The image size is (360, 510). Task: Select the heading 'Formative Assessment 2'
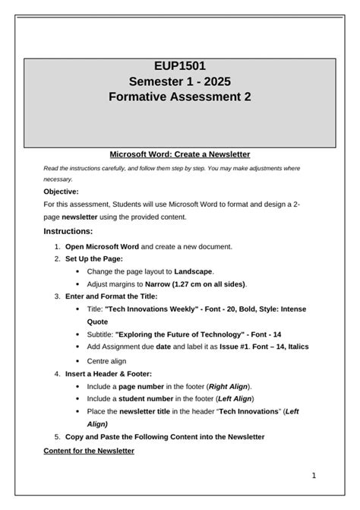[x=179, y=97]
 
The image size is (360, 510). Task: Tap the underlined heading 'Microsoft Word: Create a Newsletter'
[x=179, y=154]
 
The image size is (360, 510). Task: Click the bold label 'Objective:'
[x=61, y=192]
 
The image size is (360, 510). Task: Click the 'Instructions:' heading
[x=68, y=231]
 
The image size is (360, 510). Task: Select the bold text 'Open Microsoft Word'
[x=102, y=246]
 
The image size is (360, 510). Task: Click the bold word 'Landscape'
[x=193, y=271]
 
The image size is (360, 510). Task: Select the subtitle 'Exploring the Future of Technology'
[x=180, y=334]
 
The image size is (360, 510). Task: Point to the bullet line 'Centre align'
[x=106, y=361]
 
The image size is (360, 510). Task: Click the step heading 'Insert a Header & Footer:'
[x=108, y=374]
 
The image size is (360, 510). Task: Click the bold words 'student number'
[x=144, y=398]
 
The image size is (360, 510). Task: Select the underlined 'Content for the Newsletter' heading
[x=89, y=451]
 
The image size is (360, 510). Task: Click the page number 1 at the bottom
[x=313, y=476]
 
